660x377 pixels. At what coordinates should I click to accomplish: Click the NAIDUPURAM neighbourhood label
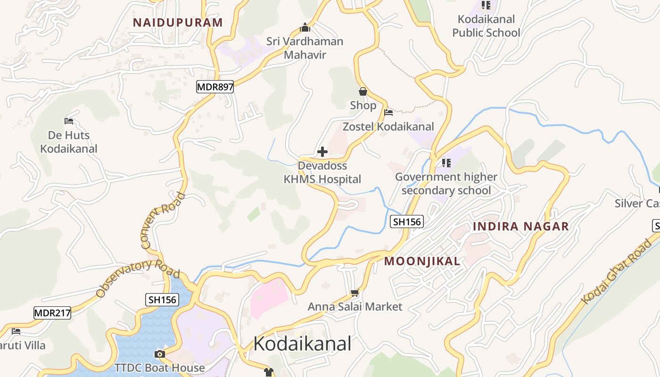[178, 22]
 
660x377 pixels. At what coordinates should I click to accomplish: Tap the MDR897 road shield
[215, 87]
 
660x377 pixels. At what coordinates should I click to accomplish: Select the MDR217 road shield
[52, 312]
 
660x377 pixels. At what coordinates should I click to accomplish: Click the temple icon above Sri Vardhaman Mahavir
[305, 27]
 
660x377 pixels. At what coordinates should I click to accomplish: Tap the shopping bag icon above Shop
[363, 91]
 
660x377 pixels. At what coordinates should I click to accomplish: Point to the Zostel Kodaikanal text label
[388, 126]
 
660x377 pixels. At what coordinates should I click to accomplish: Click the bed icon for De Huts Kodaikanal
[69, 121]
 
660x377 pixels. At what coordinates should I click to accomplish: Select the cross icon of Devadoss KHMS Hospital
[322, 152]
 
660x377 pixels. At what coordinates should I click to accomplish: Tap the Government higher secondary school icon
[446, 163]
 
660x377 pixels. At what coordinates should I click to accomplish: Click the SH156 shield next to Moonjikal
[407, 221]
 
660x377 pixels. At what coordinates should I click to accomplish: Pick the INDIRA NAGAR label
[520, 226]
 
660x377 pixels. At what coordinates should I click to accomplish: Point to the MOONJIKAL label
[422, 261]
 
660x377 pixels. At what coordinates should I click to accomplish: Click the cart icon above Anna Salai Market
[355, 293]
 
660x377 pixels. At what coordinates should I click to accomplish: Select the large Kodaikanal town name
[302, 344]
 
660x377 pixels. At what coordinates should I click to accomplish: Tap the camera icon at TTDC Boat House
[160, 354]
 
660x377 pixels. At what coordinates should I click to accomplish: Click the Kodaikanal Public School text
[486, 26]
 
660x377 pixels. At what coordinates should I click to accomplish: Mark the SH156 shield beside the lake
[162, 299]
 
